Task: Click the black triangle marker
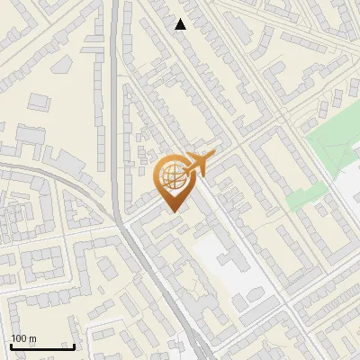pos(181,24)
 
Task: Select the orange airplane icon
pos(201,164)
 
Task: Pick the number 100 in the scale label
pos(19,339)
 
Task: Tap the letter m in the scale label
pos(32,339)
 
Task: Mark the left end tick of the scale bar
pos(11,345)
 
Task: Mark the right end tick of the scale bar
pos(74,345)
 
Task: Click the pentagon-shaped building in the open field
pos(62,65)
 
